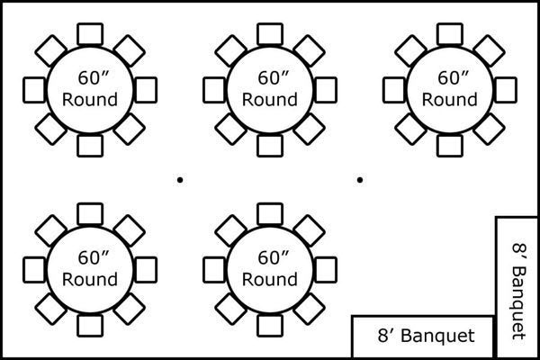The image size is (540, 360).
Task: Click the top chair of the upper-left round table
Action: [x=90, y=33]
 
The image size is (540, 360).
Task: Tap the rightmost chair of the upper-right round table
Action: [x=507, y=88]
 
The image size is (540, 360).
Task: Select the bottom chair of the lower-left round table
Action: [x=90, y=325]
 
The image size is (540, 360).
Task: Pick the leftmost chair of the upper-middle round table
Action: [x=214, y=88]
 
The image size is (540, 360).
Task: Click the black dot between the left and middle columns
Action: [x=180, y=180]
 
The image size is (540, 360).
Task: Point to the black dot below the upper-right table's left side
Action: [x=360, y=180]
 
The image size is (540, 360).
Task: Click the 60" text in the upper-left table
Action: [x=90, y=77]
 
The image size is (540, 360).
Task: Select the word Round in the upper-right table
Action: [x=450, y=100]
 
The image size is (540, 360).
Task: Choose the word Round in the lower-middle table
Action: [x=270, y=280]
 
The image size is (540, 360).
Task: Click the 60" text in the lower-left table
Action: [x=90, y=257]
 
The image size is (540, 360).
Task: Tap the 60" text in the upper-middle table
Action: [x=270, y=77]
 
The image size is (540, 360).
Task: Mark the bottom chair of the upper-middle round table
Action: [x=270, y=145]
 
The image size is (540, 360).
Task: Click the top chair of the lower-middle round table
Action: [x=270, y=213]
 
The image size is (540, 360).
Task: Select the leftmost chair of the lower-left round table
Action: [x=34, y=268]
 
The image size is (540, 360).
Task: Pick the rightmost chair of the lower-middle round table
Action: [x=326, y=268]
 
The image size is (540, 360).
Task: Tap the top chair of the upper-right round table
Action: [x=450, y=33]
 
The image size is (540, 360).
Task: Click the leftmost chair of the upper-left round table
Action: [x=34, y=88]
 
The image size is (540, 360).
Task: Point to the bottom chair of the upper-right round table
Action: [x=450, y=145]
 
